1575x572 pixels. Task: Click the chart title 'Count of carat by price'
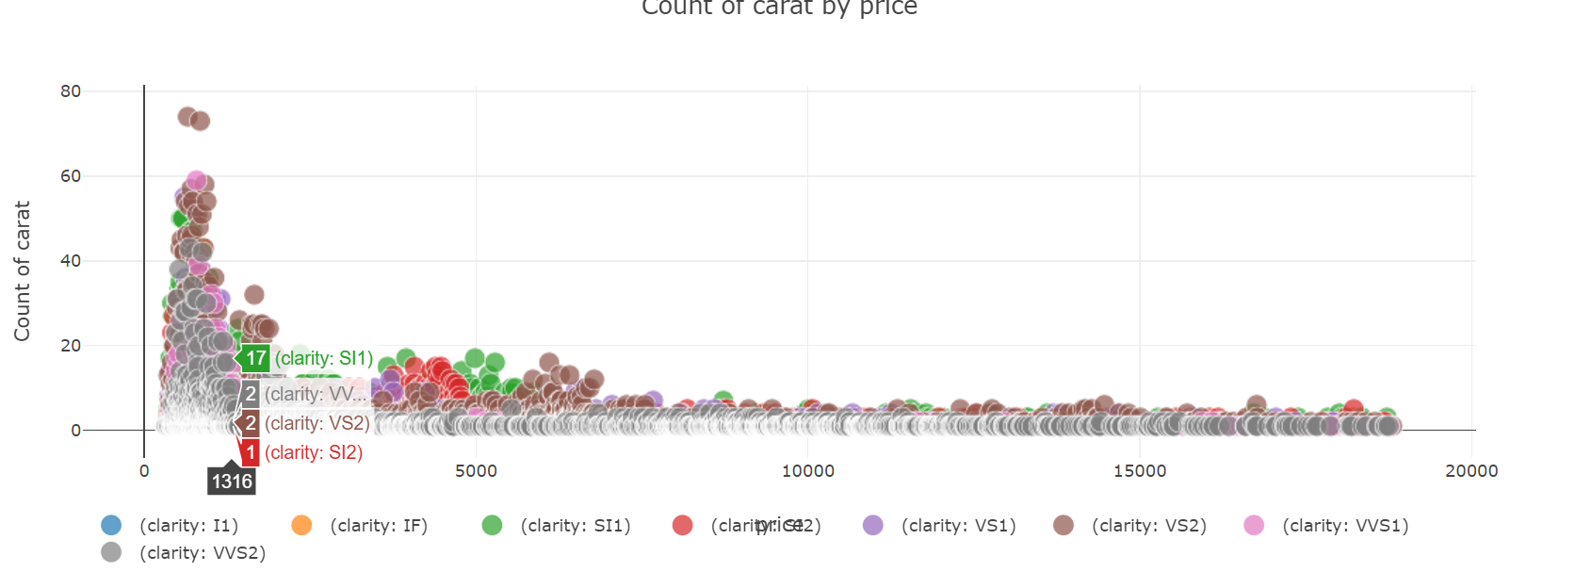click(779, 8)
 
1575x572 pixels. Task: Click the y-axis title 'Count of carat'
click(22, 270)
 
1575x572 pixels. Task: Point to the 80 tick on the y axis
click(71, 91)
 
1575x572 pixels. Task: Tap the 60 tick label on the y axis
click(71, 176)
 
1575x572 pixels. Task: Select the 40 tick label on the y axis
click(71, 261)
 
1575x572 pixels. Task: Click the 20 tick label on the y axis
click(71, 346)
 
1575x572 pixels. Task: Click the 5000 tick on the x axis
click(476, 471)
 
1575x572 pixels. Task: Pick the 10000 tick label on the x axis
click(807, 471)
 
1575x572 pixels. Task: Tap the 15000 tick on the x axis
click(1140, 471)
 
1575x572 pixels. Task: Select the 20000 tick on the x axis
click(1471, 471)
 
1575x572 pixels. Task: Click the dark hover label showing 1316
click(232, 482)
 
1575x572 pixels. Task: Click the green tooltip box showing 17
click(256, 358)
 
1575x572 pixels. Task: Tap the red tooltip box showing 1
click(251, 452)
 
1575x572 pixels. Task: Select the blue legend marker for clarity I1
click(111, 525)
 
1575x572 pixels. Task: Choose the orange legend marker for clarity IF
click(301, 525)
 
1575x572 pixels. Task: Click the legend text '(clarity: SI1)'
click(576, 526)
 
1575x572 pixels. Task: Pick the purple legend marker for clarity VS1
click(873, 525)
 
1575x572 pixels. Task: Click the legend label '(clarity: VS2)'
click(1149, 526)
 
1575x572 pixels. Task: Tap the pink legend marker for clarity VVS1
click(1254, 525)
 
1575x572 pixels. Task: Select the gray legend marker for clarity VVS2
click(111, 552)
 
